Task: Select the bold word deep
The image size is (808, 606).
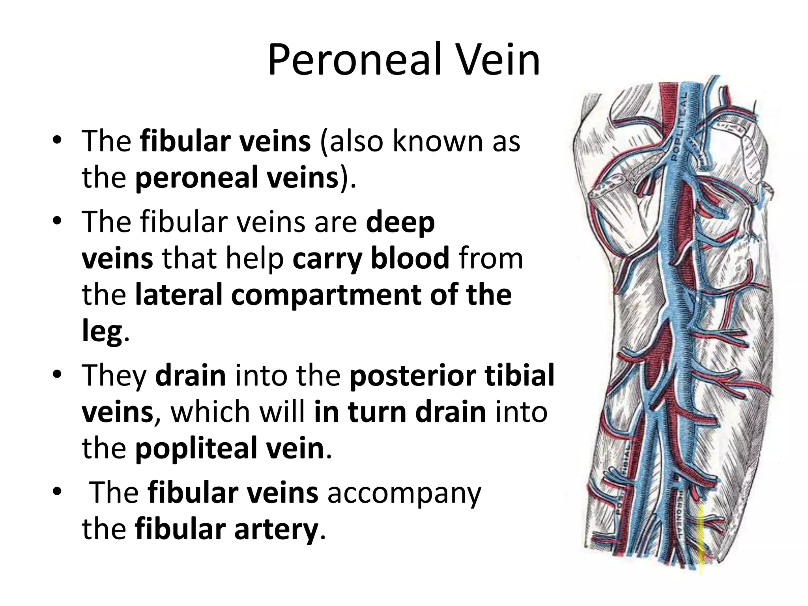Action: click(400, 223)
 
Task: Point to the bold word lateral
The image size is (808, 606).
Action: click(180, 295)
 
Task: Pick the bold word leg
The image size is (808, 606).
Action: click(101, 333)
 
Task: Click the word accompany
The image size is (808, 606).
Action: click(405, 494)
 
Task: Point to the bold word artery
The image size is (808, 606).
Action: click(276, 529)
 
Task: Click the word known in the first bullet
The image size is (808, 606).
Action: click(438, 141)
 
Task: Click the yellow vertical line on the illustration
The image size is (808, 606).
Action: click(701, 541)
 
